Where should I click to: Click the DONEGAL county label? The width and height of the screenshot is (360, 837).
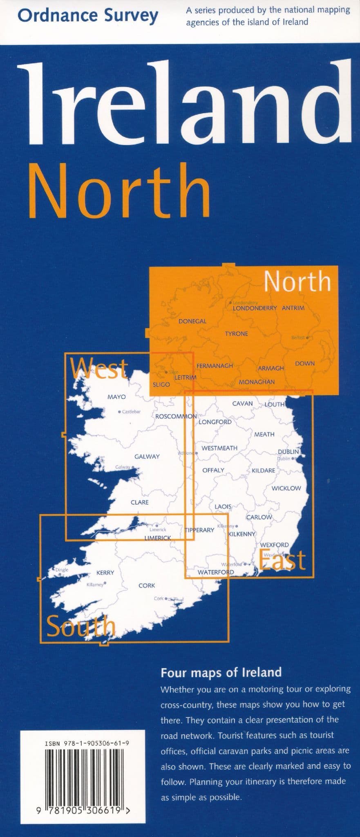[192, 321]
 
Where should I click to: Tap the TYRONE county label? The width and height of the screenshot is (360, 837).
[236, 334]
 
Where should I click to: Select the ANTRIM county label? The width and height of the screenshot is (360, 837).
[293, 308]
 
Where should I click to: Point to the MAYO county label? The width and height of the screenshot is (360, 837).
[116, 397]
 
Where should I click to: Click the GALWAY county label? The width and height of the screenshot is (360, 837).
[147, 457]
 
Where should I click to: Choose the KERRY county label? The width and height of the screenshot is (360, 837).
[105, 573]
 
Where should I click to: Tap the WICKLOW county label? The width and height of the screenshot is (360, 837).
[286, 488]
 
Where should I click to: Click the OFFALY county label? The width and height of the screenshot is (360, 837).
[213, 470]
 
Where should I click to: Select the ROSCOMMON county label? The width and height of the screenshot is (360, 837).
[176, 416]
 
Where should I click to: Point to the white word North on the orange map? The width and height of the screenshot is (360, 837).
[297, 282]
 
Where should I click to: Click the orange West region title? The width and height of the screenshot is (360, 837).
[99, 368]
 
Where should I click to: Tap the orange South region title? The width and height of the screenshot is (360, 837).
[81, 627]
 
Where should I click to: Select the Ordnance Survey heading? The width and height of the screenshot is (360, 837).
[88, 16]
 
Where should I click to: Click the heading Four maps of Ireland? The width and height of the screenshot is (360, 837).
[221, 672]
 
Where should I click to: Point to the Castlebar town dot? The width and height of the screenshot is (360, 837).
[119, 412]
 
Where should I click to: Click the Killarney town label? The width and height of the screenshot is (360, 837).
[95, 585]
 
